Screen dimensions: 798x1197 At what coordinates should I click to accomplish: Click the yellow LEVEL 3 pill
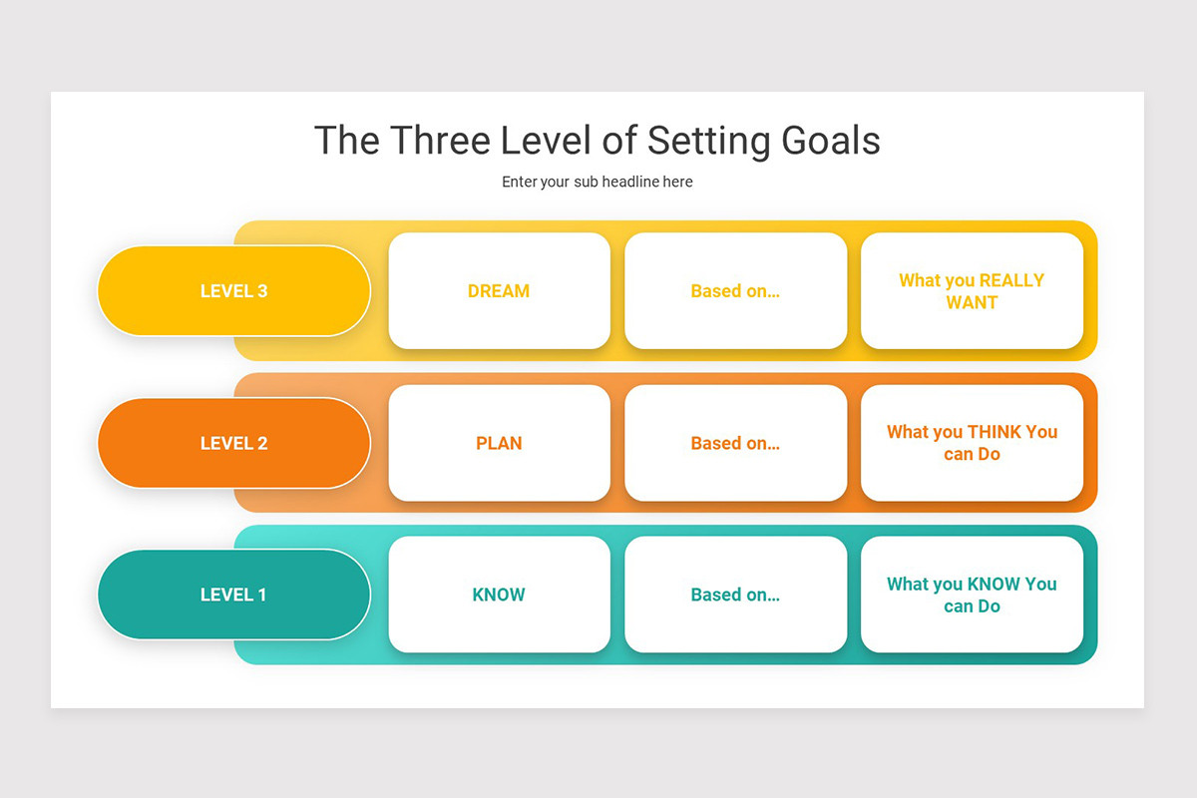pos(233,291)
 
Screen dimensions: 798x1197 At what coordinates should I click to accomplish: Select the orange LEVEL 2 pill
pos(233,443)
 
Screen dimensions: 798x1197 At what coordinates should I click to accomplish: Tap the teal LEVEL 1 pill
pos(233,595)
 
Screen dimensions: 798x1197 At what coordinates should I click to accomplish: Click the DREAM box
pos(499,291)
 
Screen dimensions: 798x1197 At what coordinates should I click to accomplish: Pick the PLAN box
pos(499,443)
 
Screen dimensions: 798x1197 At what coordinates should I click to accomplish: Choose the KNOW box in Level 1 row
pos(499,595)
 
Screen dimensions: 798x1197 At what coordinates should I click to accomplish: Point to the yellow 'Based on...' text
pos(735,291)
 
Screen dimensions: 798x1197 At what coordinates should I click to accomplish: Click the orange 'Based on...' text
pos(735,443)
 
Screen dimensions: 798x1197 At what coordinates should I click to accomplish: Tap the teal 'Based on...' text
pos(735,595)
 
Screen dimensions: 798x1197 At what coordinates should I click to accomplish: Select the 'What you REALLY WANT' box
pos(972,291)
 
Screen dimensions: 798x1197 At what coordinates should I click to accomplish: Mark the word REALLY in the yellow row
pos(1011,280)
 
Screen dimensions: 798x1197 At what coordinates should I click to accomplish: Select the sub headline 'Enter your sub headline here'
pos(597,182)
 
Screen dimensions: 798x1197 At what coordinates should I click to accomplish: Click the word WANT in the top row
pos(972,302)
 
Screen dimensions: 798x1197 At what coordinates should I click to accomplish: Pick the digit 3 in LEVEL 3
pos(262,291)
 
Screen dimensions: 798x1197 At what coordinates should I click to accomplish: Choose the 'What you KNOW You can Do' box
pos(972,595)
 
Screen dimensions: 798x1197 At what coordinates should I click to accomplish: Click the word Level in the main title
pos(548,141)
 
